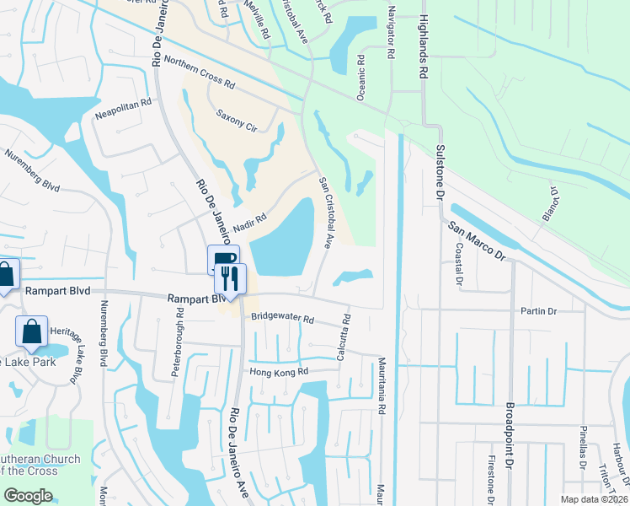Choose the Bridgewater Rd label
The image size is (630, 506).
coord(282,320)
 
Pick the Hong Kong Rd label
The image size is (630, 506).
coord(279,372)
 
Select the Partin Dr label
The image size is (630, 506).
coord(541,312)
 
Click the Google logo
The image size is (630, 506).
coord(29,495)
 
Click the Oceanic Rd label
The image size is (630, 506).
coord(360,78)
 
